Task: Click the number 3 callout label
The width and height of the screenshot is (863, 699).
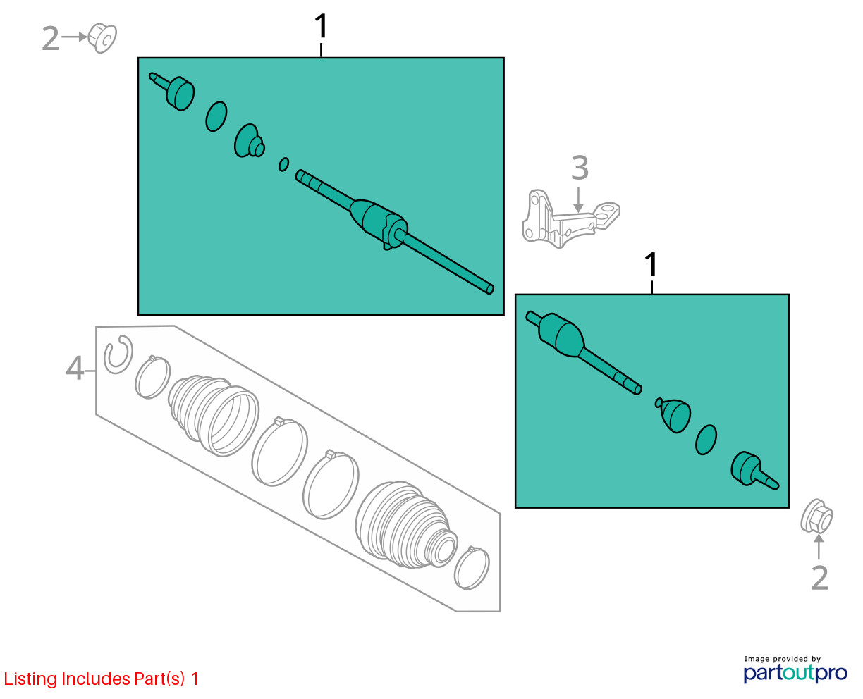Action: coord(580,168)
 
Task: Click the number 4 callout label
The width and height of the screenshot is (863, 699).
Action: coord(75,368)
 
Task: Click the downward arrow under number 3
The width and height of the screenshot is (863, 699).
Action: coord(579,199)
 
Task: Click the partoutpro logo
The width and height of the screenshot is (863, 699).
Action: coord(795,673)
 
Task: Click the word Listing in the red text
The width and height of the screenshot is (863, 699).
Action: coord(31,679)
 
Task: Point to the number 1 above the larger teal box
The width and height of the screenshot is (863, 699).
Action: coord(321,26)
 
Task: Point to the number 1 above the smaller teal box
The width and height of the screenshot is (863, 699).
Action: coord(651,264)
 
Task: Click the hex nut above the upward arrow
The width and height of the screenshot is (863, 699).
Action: coord(816,516)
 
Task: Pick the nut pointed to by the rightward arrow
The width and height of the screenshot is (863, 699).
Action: coord(102,38)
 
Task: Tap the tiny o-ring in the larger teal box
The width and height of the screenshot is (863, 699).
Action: coord(284,164)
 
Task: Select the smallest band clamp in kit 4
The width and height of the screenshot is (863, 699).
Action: coord(471,567)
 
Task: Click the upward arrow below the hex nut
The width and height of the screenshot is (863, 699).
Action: coord(819,547)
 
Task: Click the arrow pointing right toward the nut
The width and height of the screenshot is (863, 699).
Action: coord(74,37)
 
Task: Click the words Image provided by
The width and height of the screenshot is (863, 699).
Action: coord(783,659)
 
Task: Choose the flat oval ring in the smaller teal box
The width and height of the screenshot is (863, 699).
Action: coord(706,440)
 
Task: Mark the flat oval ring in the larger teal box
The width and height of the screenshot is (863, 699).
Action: coord(216,117)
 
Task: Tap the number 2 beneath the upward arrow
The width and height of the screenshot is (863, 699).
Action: coord(820,578)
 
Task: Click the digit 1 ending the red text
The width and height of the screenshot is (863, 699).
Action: coord(195,679)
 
